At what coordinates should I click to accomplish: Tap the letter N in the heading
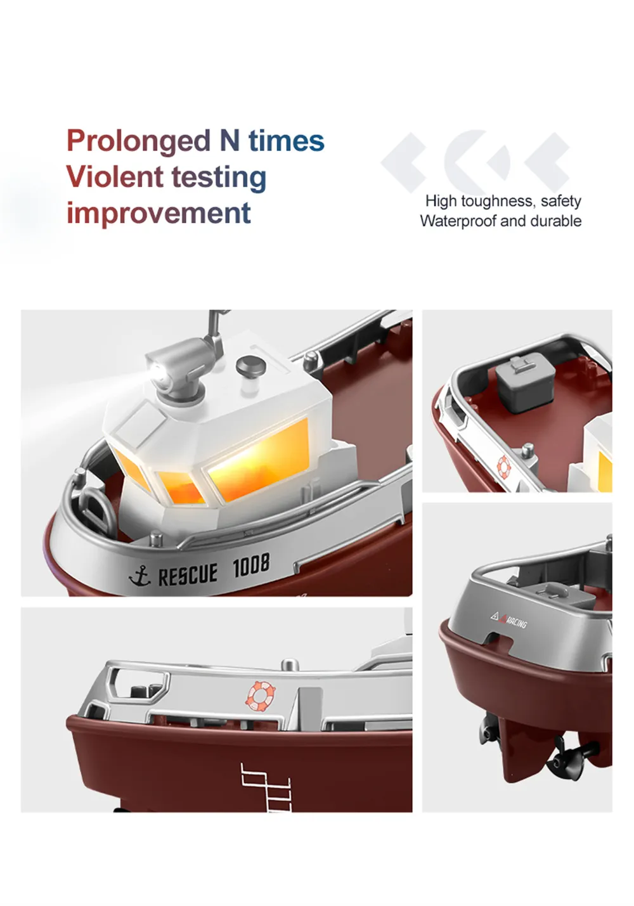pos(230,139)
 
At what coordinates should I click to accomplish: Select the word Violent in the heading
pos(114,176)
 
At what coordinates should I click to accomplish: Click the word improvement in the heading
pos(158,214)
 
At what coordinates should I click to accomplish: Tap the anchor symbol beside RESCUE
pos(139,576)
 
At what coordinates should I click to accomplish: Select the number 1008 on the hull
pos(251,565)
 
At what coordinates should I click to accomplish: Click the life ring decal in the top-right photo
pos(504,467)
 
